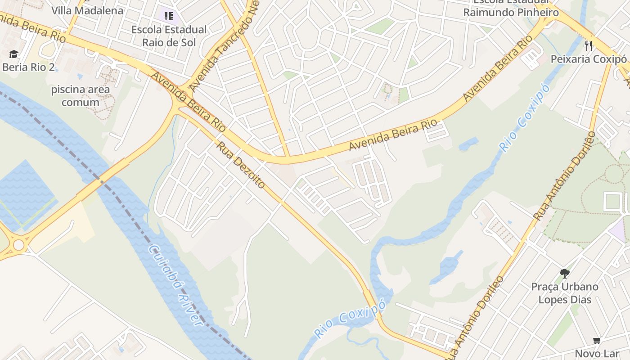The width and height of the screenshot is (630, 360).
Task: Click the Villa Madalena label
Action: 87,10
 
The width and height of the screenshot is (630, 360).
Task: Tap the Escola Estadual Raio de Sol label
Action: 169,36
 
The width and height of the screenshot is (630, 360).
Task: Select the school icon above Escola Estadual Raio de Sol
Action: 169,17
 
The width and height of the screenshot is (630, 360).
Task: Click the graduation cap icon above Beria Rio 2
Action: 13,54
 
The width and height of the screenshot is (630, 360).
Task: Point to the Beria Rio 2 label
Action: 28,67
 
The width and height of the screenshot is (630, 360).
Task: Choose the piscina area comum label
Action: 81,96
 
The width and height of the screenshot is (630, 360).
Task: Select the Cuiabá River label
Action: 176,285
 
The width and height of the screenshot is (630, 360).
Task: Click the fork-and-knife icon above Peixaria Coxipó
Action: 589,45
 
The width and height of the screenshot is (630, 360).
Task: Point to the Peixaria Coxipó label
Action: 589,59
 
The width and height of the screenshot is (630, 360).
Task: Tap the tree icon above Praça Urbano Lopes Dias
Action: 564,273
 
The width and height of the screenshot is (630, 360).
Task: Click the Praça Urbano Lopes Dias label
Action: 565,293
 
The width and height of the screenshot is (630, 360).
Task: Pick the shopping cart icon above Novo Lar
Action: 597,341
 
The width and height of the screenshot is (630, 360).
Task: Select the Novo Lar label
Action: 597,354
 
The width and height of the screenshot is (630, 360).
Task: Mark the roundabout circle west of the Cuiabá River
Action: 18,245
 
